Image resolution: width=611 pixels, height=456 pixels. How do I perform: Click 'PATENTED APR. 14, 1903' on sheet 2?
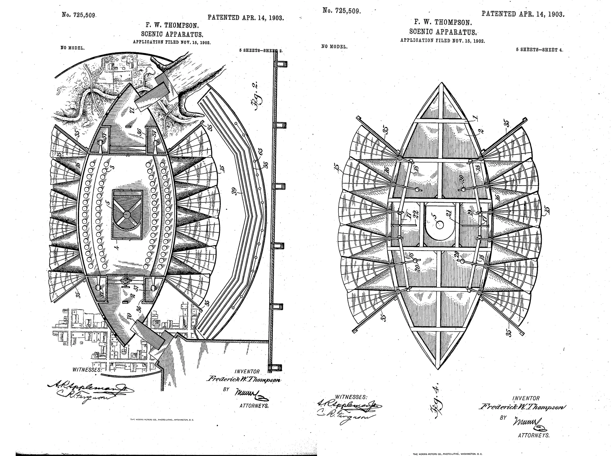point(245,18)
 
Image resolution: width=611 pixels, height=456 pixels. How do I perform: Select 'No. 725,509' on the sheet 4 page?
point(341,11)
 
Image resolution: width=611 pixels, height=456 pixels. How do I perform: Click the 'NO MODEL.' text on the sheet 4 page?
point(334,46)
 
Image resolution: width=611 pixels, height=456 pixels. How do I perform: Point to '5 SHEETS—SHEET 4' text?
point(539,50)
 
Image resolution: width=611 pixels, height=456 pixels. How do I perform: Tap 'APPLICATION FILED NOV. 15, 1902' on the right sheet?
point(442,40)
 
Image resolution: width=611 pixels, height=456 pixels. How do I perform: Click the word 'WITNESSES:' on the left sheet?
point(87,369)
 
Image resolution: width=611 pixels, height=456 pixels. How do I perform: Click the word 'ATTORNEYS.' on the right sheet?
point(534,435)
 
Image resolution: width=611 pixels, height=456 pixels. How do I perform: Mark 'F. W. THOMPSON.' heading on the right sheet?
point(443,23)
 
